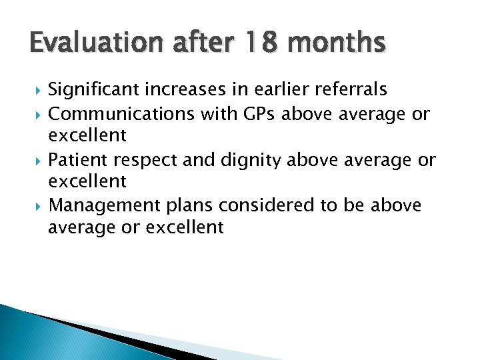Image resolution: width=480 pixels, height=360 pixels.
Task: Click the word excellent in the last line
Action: [185, 227]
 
